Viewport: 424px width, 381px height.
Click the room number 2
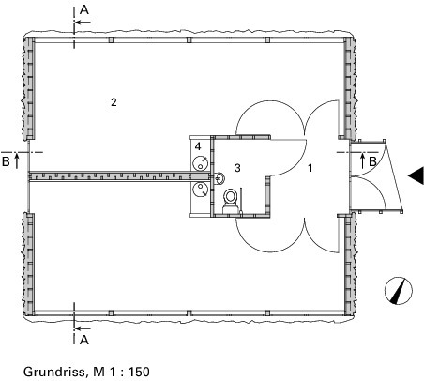point(114,102)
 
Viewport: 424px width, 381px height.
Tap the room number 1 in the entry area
point(310,168)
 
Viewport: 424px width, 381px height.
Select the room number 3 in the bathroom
point(237,168)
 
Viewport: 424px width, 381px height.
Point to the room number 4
point(198,146)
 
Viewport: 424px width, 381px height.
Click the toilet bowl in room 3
point(231,197)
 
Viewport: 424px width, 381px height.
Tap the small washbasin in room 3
point(220,177)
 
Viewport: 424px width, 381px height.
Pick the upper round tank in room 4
point(200,163)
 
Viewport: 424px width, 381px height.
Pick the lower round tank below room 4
point(200,190)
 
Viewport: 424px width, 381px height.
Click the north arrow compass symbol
point(399,291)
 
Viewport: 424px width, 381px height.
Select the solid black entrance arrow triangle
point(416,175)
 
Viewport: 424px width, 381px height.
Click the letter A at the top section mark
point(84,10)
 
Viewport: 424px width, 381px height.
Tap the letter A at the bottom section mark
point(84,340)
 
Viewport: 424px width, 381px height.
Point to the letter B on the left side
point(6,161)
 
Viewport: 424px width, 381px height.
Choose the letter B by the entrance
point(372,161)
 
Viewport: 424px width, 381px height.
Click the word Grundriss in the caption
point(53,372)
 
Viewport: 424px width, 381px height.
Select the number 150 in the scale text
point(139,372)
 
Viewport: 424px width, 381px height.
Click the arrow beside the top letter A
point(83,23)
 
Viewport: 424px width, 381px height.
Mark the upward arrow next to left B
point(17,160)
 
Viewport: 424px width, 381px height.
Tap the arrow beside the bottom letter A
point(83,328)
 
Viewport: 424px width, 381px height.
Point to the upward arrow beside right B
point(363,160)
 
